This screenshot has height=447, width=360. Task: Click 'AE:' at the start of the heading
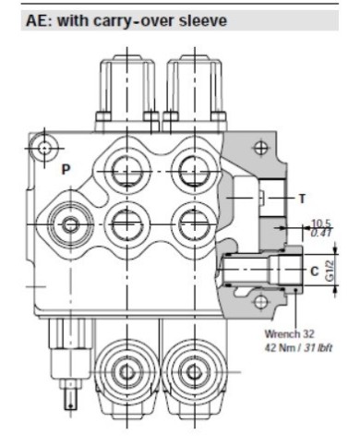point(42,18)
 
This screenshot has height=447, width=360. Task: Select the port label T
point(302,199)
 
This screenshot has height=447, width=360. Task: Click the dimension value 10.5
point(319,223)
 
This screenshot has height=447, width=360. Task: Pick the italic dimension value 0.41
point(319,233)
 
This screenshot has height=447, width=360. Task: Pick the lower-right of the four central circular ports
point(192,222)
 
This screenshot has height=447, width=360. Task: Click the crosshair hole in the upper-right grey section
point(261,148)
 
